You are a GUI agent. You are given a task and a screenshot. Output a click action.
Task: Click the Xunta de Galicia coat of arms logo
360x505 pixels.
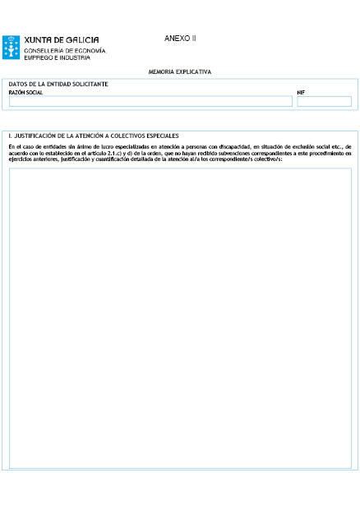[x=11, y=47]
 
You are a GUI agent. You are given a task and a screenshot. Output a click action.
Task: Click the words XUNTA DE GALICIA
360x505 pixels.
[x=62, y=40]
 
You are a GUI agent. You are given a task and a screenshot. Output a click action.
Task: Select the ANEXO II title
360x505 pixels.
[x=180, y=39]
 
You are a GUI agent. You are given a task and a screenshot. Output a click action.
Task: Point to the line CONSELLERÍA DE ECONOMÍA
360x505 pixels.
[x=64, y=50]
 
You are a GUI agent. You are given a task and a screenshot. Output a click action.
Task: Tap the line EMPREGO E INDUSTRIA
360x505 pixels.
[x=57, y=57]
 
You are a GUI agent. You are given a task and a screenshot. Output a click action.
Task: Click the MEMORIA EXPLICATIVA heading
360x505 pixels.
[x=180, y=71]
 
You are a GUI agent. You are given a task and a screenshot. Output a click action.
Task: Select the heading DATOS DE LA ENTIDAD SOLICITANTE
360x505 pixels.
[x=58, y=85]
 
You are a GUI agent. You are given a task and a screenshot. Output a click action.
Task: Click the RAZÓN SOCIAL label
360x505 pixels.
[x=25, y=93]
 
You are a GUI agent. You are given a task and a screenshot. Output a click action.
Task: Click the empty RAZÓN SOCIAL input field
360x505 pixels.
[x=150, y=102]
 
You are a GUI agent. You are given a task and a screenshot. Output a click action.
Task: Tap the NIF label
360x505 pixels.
[x=301, y=93]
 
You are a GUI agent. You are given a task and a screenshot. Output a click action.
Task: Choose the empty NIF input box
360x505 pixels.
[x=324, y=102]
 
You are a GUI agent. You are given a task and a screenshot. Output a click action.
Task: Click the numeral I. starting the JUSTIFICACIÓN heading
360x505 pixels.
[x=10, y=135]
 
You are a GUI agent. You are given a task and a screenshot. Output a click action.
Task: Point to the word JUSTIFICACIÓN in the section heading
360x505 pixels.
[x=39, y=135]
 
